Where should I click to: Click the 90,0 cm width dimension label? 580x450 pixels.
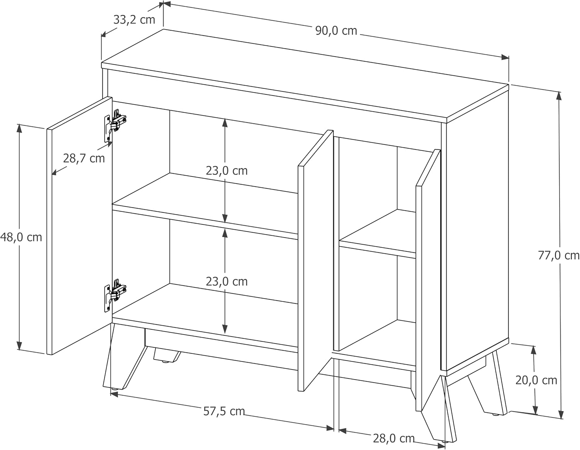pos(336,31)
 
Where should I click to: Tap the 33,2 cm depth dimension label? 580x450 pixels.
pos(134,20)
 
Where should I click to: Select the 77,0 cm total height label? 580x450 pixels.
pos(559,256)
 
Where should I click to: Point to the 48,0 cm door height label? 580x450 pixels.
pos(21,237)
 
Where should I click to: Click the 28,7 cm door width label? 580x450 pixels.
pos(84,158)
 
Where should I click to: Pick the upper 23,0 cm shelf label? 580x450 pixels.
pos(227,171)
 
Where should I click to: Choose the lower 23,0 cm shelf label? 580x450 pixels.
pos(227,281)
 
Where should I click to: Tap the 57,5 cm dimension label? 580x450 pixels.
pos(224,411)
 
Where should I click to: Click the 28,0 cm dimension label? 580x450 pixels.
pos(394,438)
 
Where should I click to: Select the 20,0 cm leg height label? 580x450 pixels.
pos(536,380)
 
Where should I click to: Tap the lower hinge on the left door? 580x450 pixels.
pos(115,295)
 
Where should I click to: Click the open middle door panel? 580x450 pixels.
pos(316,261)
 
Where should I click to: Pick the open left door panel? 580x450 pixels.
pos(80,226)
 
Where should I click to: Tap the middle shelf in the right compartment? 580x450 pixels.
pos(377,234)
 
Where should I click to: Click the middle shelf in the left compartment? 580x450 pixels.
pos(205,205)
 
